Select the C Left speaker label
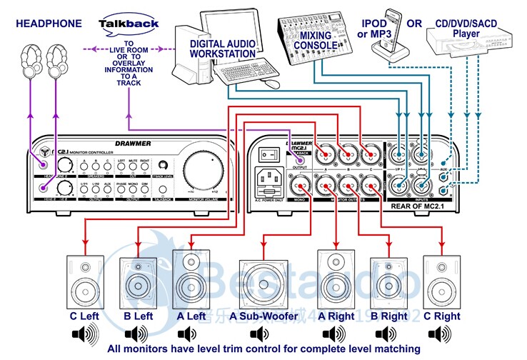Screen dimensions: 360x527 tap(84, 316)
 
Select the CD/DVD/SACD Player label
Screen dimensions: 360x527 tap(466, 29)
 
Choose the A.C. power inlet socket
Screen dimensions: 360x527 tap(268, 179)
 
